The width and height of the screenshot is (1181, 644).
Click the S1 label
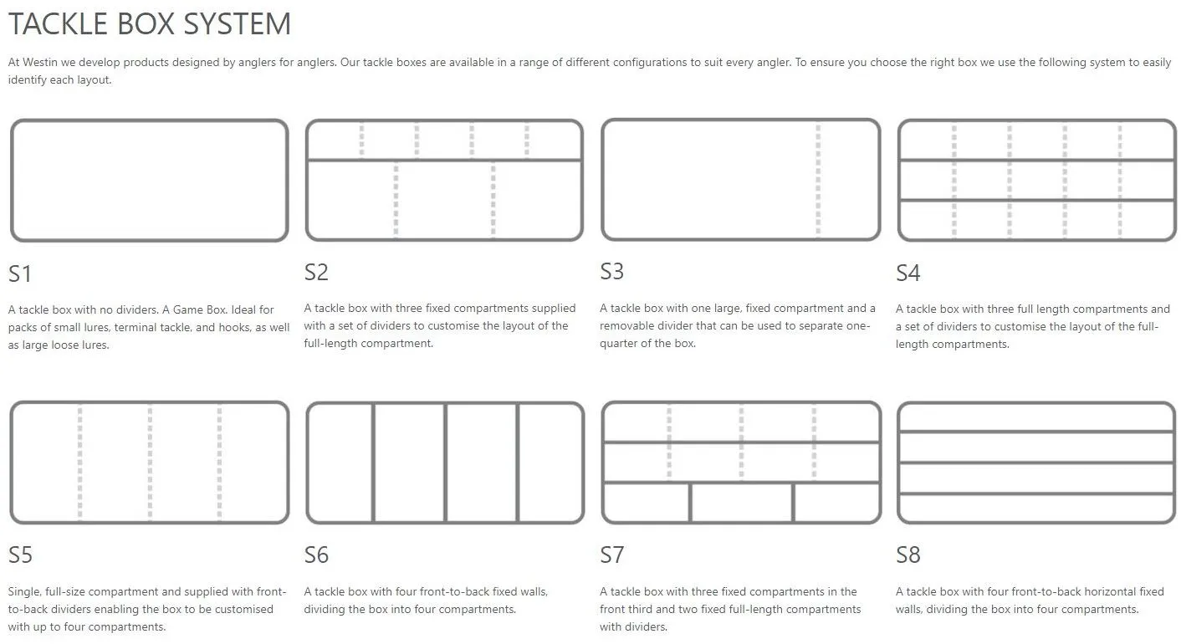pyautogui.click(x=20, y=274)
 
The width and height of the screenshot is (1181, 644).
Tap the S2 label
pyautogui.click(x=316, y=273)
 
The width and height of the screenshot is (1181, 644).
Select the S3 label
pyautogui.click(x=612, y=272)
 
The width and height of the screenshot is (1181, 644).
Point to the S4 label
pyautogui.click(x=907, y=273)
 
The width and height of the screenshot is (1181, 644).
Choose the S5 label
pyautogui.click(x=21, y=555)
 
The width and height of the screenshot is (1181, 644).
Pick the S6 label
pyautogui.click(x=316, y=555)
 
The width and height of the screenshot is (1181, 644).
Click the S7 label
pyautogui.click(x=612, y=555)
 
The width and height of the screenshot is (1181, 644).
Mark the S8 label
pyautogui.click(x=907, y=555)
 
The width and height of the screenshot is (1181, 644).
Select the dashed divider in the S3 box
pyautogui.click(x=818, y=180)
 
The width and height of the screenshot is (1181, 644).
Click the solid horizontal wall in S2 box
pyautogui.click(x=444, y=159)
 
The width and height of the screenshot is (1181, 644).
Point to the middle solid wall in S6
pyautogui.click(x=446, y=463)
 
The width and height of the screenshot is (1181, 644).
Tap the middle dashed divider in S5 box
pyautogui.click(x=150, y=463)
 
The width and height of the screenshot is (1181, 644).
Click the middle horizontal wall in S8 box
pyautogui.click(x=1036, y=463)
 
